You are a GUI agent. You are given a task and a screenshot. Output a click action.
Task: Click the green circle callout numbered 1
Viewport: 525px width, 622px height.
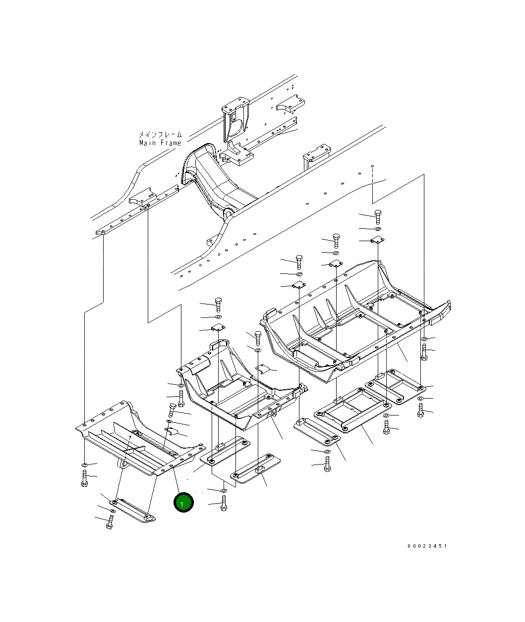click(x=183, y=502)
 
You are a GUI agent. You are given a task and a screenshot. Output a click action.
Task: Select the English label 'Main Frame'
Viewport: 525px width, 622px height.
click(x=160, y=143)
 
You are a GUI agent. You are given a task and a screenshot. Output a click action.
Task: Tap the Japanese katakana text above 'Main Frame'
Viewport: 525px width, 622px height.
click(x=161, y=134)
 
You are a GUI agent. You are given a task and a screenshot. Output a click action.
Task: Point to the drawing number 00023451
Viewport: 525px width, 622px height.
click(x=427, y=546)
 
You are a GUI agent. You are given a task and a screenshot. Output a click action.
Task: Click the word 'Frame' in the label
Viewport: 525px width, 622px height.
click(x=171, y=143)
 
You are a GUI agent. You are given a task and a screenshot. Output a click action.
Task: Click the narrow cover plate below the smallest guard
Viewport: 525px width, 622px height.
click(x=132, y=511)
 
